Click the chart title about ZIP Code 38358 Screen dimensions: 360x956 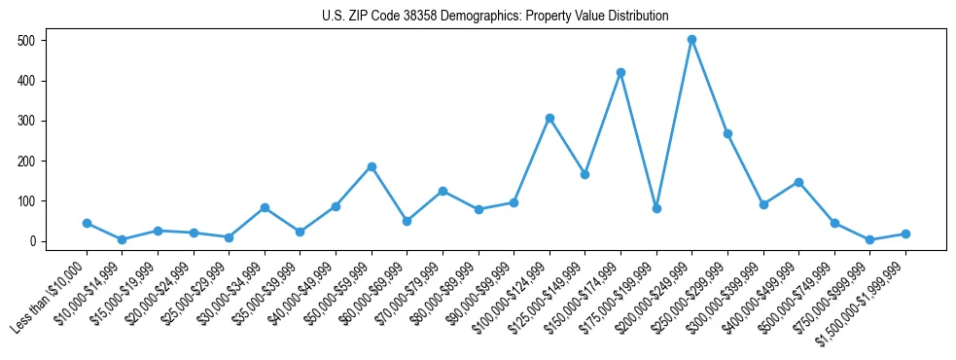pos(495,16)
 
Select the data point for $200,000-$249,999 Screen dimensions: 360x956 pos(691,40)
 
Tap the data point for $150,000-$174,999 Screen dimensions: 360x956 pos(620,72)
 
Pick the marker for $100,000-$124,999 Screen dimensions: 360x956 pos(549,118)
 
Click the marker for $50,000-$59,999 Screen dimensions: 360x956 pos(372,166)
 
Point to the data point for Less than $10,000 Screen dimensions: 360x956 pos(87,223)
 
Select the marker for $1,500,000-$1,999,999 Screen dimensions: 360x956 pos(905,234)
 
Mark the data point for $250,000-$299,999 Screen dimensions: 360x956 pos(727,133)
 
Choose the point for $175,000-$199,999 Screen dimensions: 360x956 pos(656,208)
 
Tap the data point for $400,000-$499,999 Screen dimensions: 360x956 pos(798,182)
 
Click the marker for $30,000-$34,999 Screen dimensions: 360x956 pos(265,207)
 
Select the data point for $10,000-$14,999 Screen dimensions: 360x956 pos(122,239)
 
